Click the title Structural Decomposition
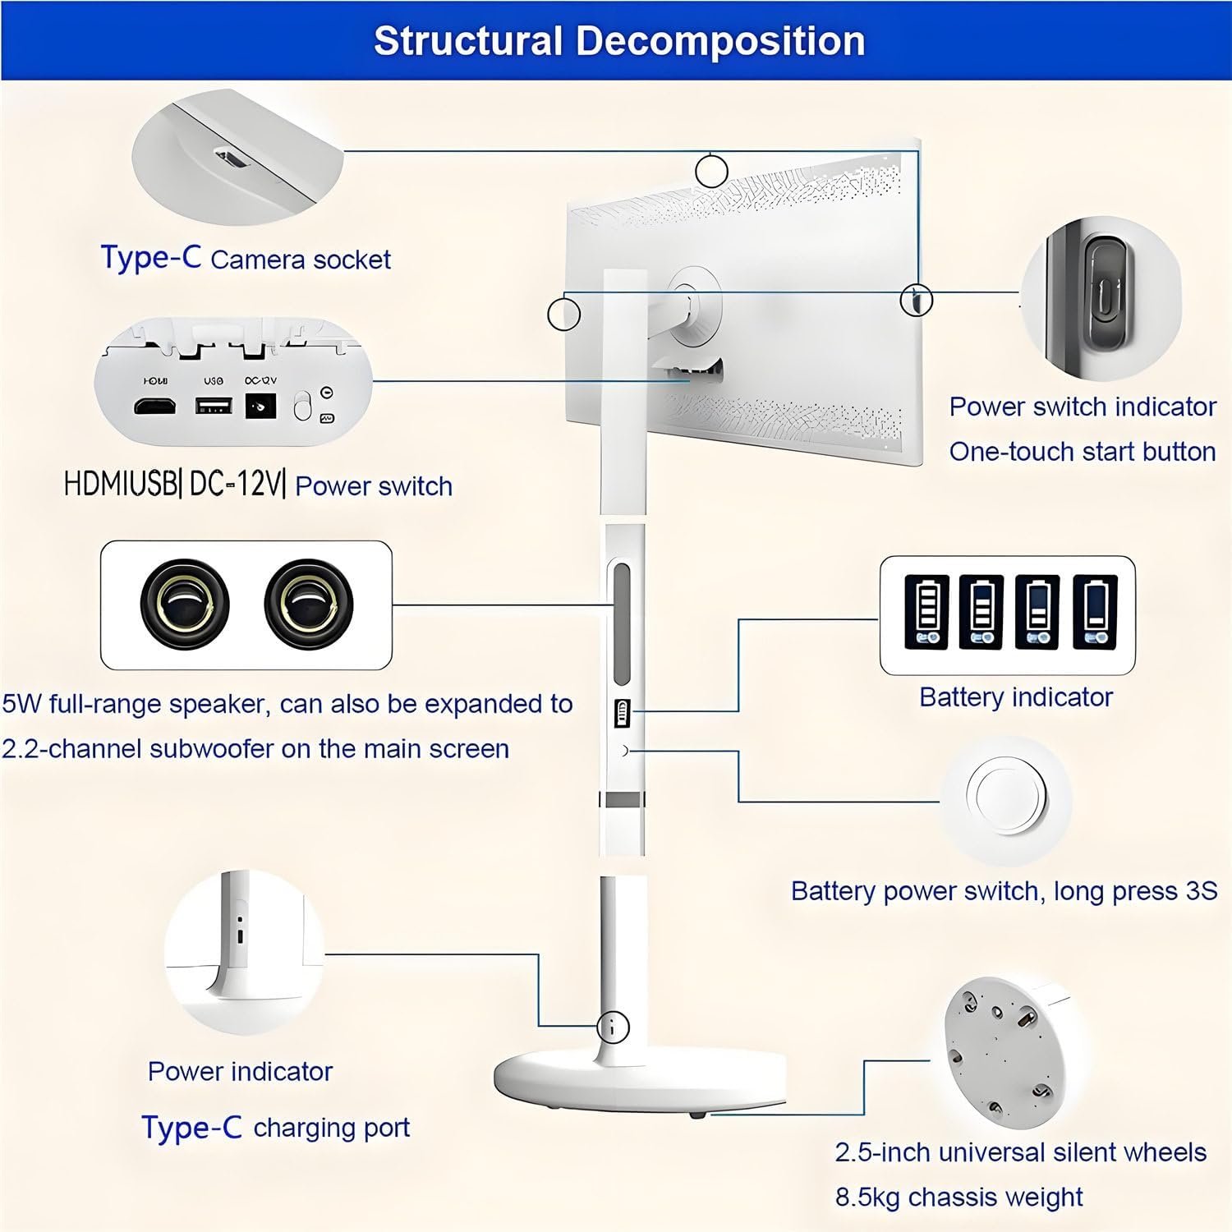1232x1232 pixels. coord(618,41)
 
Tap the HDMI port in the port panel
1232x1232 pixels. coord(154,407)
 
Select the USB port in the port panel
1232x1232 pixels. coord(213,406)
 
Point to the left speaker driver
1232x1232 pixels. coord(185,605)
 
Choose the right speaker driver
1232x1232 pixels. coord(308,605)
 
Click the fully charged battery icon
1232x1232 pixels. coord(926,612)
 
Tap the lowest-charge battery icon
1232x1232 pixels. coord(1095,612)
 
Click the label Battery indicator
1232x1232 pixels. coord(1016,697)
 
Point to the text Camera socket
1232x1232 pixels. coord(301,260)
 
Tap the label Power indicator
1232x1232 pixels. coord(240,1071)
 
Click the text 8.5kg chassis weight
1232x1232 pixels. coord(958,1197)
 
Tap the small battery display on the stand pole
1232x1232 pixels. coord(622,713)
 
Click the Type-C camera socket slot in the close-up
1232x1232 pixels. coord(231,157)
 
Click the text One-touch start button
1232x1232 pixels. coord(1082,451)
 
